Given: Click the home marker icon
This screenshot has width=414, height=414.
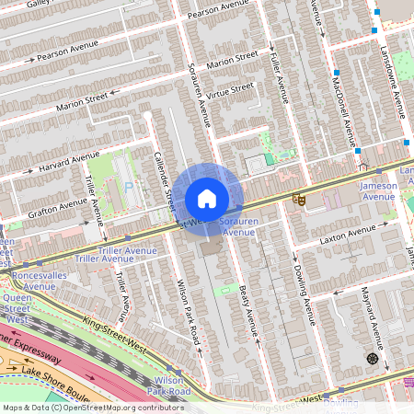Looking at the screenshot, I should (207, 199).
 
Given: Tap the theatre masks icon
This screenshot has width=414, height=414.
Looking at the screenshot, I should (299, 199).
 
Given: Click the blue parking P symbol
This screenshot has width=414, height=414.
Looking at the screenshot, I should (129, 187).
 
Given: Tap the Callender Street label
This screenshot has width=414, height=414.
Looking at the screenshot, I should (163, 175).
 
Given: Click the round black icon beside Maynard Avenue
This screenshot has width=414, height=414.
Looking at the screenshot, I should (372, 358).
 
